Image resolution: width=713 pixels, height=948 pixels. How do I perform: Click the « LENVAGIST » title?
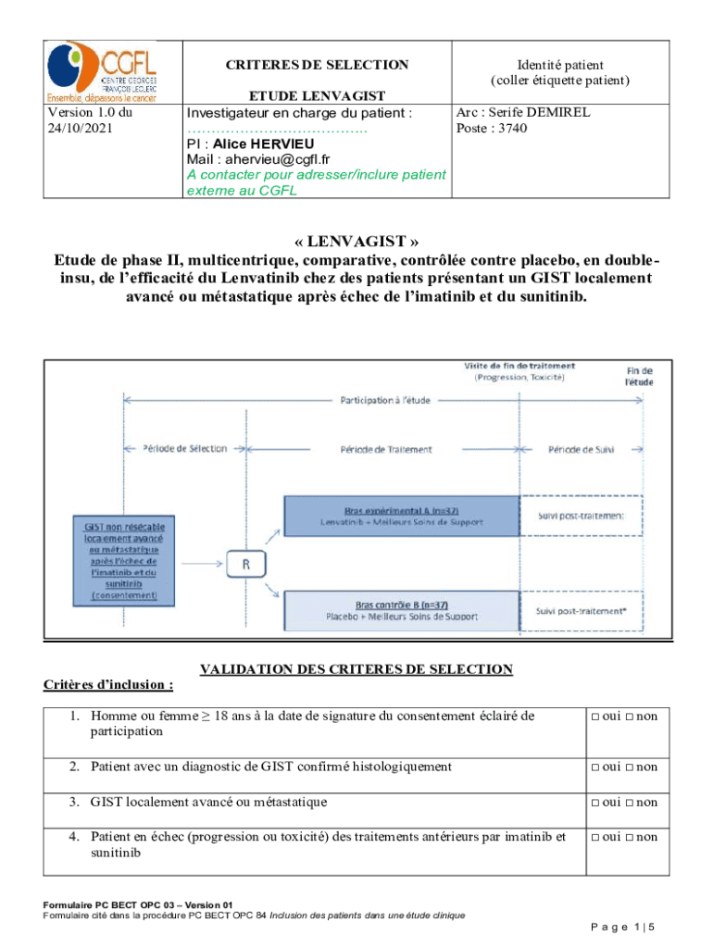coord(356,242)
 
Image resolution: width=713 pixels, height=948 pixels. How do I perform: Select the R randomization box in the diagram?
coord(246,564)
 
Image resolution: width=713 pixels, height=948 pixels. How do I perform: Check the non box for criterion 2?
coord(631,767)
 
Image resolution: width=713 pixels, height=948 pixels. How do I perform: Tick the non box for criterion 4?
coord(631,837)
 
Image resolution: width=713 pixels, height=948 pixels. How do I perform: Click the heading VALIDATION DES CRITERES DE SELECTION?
coord(356,668)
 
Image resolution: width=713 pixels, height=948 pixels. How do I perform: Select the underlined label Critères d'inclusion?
coord(108,684)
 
